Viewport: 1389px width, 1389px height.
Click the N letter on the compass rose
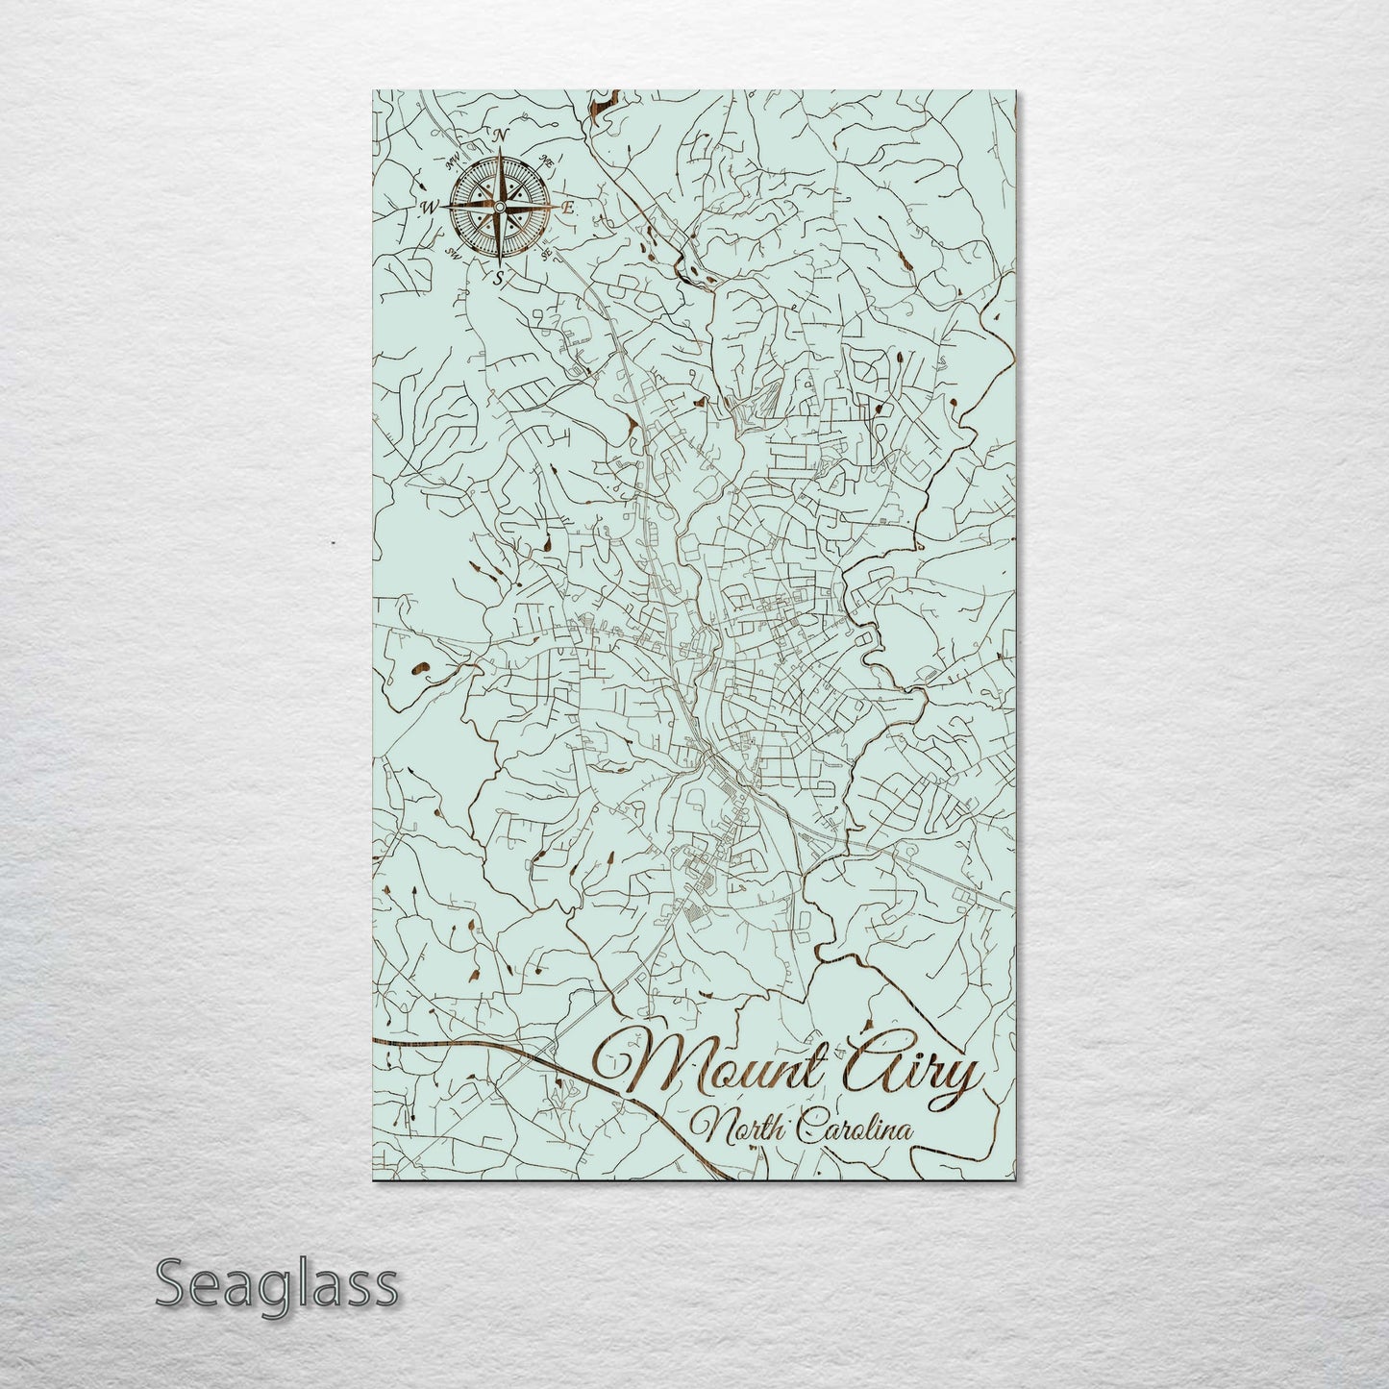[x=500, y=136]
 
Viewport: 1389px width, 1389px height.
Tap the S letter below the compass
[x=498, y=280]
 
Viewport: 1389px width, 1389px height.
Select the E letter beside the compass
[x=568, y=207]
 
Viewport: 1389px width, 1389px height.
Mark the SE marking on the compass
[x=546, y=253]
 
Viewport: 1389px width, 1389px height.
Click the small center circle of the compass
[x=499, y=207]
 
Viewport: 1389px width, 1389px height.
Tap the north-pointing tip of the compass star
[x=499, y=151]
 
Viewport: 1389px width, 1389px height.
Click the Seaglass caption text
[x=276, y=1284]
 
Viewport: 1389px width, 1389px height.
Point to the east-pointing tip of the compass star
[x=554, y=207]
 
